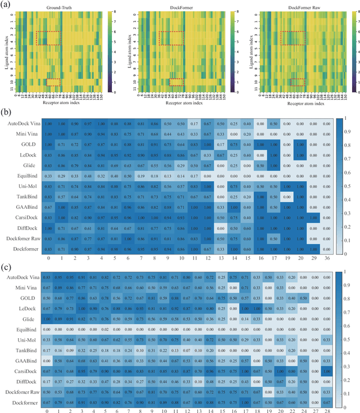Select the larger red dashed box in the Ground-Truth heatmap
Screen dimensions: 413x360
[x=47, y=38]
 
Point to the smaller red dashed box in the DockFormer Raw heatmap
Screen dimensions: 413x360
[x=298, y=82]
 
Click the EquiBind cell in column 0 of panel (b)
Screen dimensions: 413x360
[x=48, y=175]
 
